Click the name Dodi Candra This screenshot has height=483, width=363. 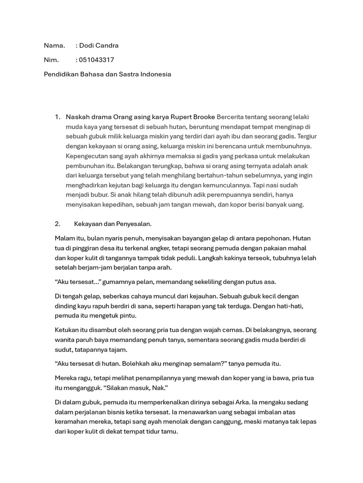coord(99,46)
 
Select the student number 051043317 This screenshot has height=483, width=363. coord(97,60)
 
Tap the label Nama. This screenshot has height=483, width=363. coord(54,46)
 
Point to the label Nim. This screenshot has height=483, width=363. coord(51,60)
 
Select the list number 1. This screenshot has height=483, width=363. coord(57,117)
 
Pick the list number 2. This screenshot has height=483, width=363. coord(57,224)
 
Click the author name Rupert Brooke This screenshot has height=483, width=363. coord(193,117)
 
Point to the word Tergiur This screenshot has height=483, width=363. coord(307,136)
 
